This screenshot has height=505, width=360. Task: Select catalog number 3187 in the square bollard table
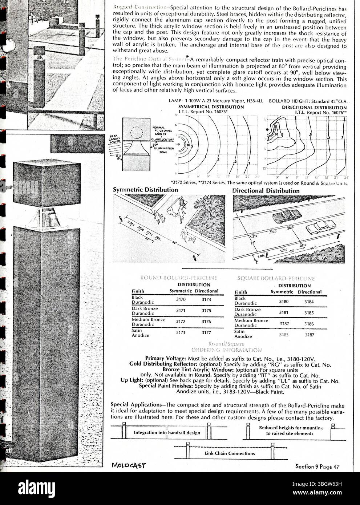click(310, 335)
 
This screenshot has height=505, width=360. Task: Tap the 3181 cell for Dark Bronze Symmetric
click(284, 312)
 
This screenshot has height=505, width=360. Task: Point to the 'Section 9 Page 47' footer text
click(319, 466)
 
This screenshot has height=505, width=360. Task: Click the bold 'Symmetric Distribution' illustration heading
click(145, 190)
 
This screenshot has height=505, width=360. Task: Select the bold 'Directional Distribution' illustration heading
click(266, 191)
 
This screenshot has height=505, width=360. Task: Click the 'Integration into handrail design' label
click(167, 433)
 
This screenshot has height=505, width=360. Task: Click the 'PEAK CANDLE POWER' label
click(113, 140)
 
